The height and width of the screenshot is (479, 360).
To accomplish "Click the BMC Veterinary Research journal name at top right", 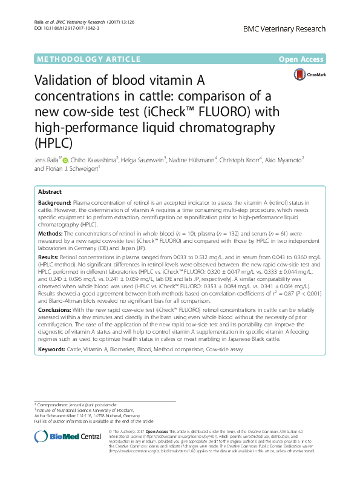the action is coord(284,29).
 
